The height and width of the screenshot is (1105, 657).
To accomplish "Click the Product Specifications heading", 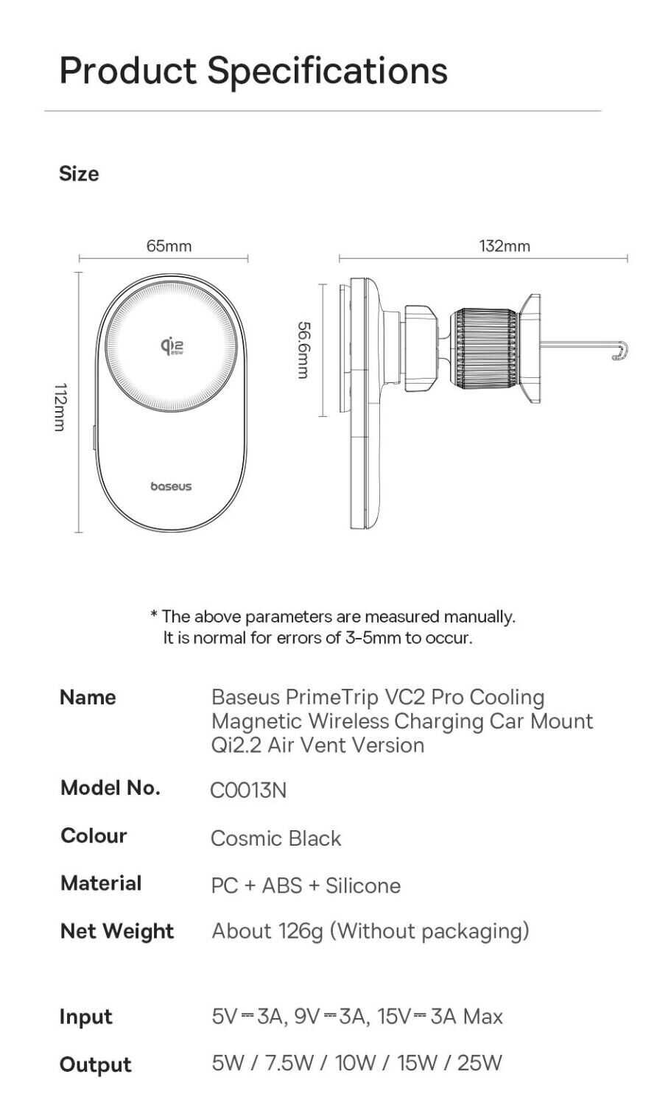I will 253,71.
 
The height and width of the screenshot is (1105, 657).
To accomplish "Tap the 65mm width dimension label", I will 169,246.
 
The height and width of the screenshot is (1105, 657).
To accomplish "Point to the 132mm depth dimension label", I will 505,246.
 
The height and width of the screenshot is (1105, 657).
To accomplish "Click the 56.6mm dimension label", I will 303,349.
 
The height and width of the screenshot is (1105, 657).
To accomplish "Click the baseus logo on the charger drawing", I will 171,487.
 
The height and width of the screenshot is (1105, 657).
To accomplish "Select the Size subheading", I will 79,174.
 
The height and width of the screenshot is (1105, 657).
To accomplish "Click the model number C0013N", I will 248,790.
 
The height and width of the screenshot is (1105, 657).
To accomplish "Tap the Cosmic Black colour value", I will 276,838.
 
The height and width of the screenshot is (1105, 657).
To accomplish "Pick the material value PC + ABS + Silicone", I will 306,885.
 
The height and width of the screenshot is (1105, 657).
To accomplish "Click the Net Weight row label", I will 117,931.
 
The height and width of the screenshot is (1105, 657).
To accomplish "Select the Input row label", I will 86,1017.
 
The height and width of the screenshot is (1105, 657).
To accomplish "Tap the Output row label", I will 96,1064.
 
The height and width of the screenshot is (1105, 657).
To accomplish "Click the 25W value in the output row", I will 479,1063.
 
